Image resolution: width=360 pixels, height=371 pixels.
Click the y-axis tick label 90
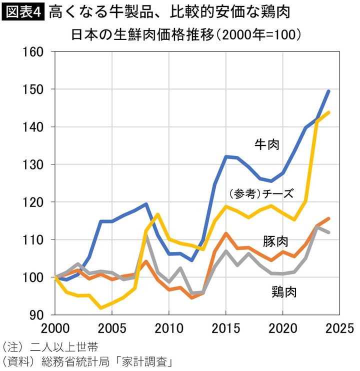coord(36,315)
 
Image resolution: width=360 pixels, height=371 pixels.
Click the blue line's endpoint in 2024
coord(328,91)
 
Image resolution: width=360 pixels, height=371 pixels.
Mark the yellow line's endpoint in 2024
coord(328,112)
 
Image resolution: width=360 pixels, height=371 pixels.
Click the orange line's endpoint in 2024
coord(328,218)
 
